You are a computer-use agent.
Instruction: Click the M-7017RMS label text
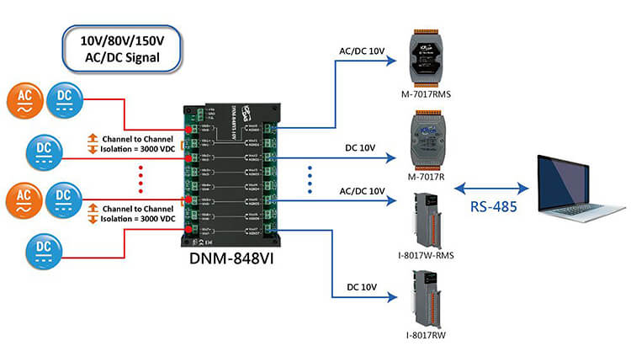[x=427, y=93]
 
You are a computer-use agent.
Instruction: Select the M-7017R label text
[x=426, y=176]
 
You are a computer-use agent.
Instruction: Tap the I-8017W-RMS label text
[x=426, y=254]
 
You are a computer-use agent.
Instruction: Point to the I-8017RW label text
[x=426, y=335]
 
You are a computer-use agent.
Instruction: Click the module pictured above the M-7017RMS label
[x=427, y=56]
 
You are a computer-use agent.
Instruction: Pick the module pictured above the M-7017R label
[x=427, y=137]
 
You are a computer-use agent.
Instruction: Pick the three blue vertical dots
[x=309, y=178]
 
